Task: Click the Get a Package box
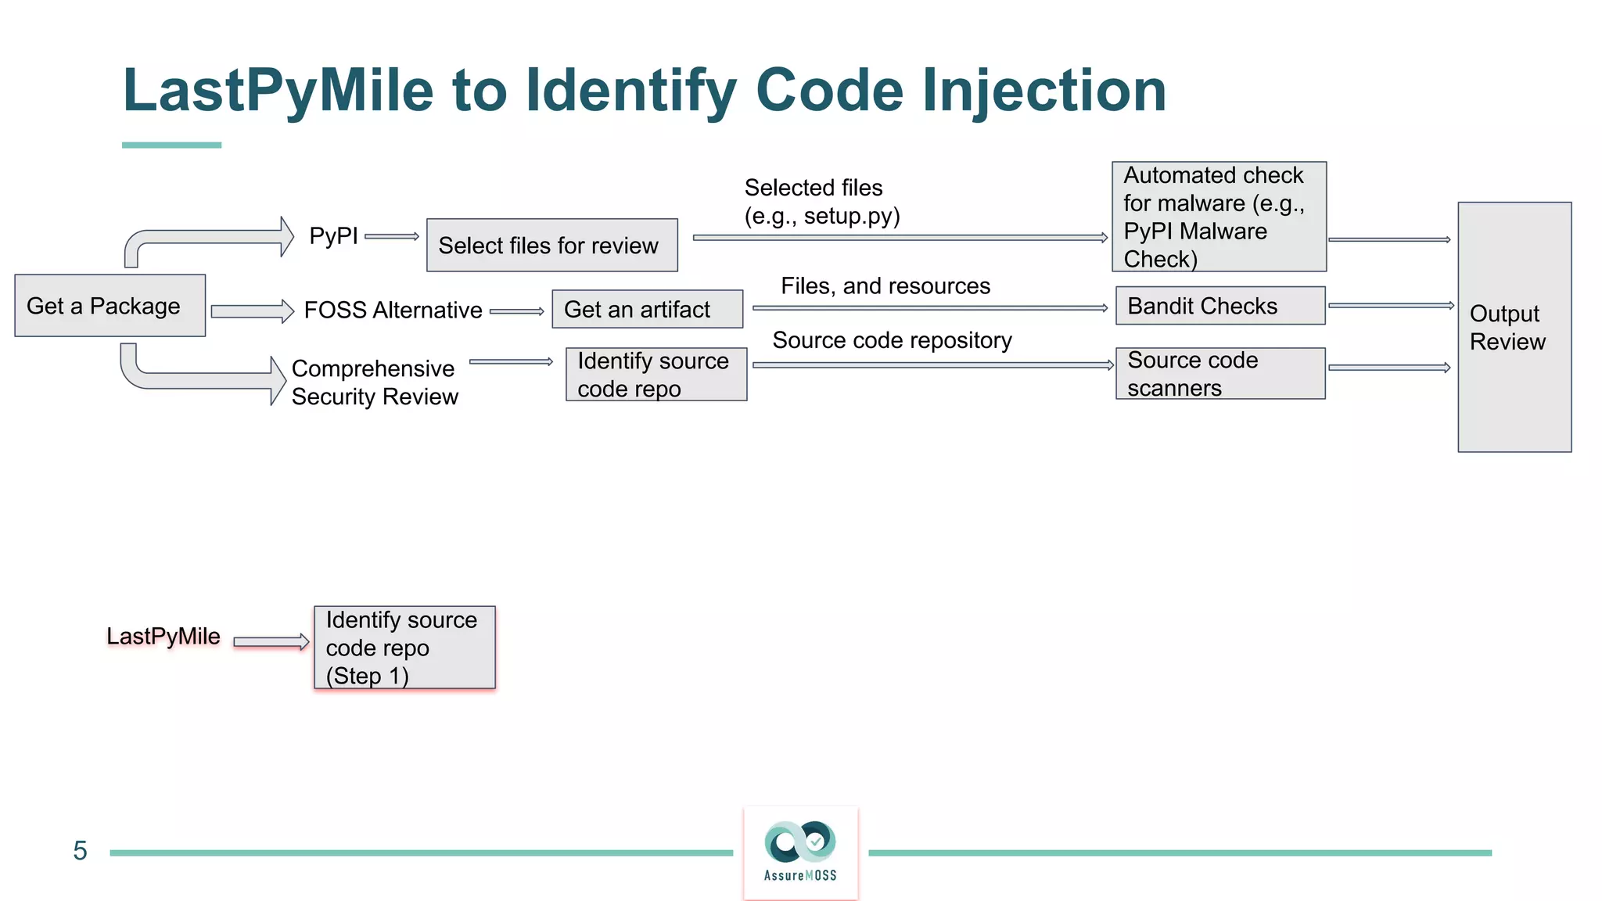point(110,306)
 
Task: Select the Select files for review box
point(551,246)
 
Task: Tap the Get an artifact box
point(647,310)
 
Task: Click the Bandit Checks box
point(1219,306)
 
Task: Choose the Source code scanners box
point(1219,374)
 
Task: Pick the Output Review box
point(1514,327)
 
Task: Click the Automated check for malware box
point(1218,217)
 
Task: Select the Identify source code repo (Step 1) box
point(404,648)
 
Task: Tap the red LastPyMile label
point(163,637)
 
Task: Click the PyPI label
point(333,235)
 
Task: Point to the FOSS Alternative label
point(393,311)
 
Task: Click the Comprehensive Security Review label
point(374,382)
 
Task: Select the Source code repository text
point(892,340)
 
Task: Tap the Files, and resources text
point(885,286)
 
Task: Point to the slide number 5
point(80,851)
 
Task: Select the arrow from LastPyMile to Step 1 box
point(271,642)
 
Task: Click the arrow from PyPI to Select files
point(391,236)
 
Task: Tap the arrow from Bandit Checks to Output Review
point(1390,306)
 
